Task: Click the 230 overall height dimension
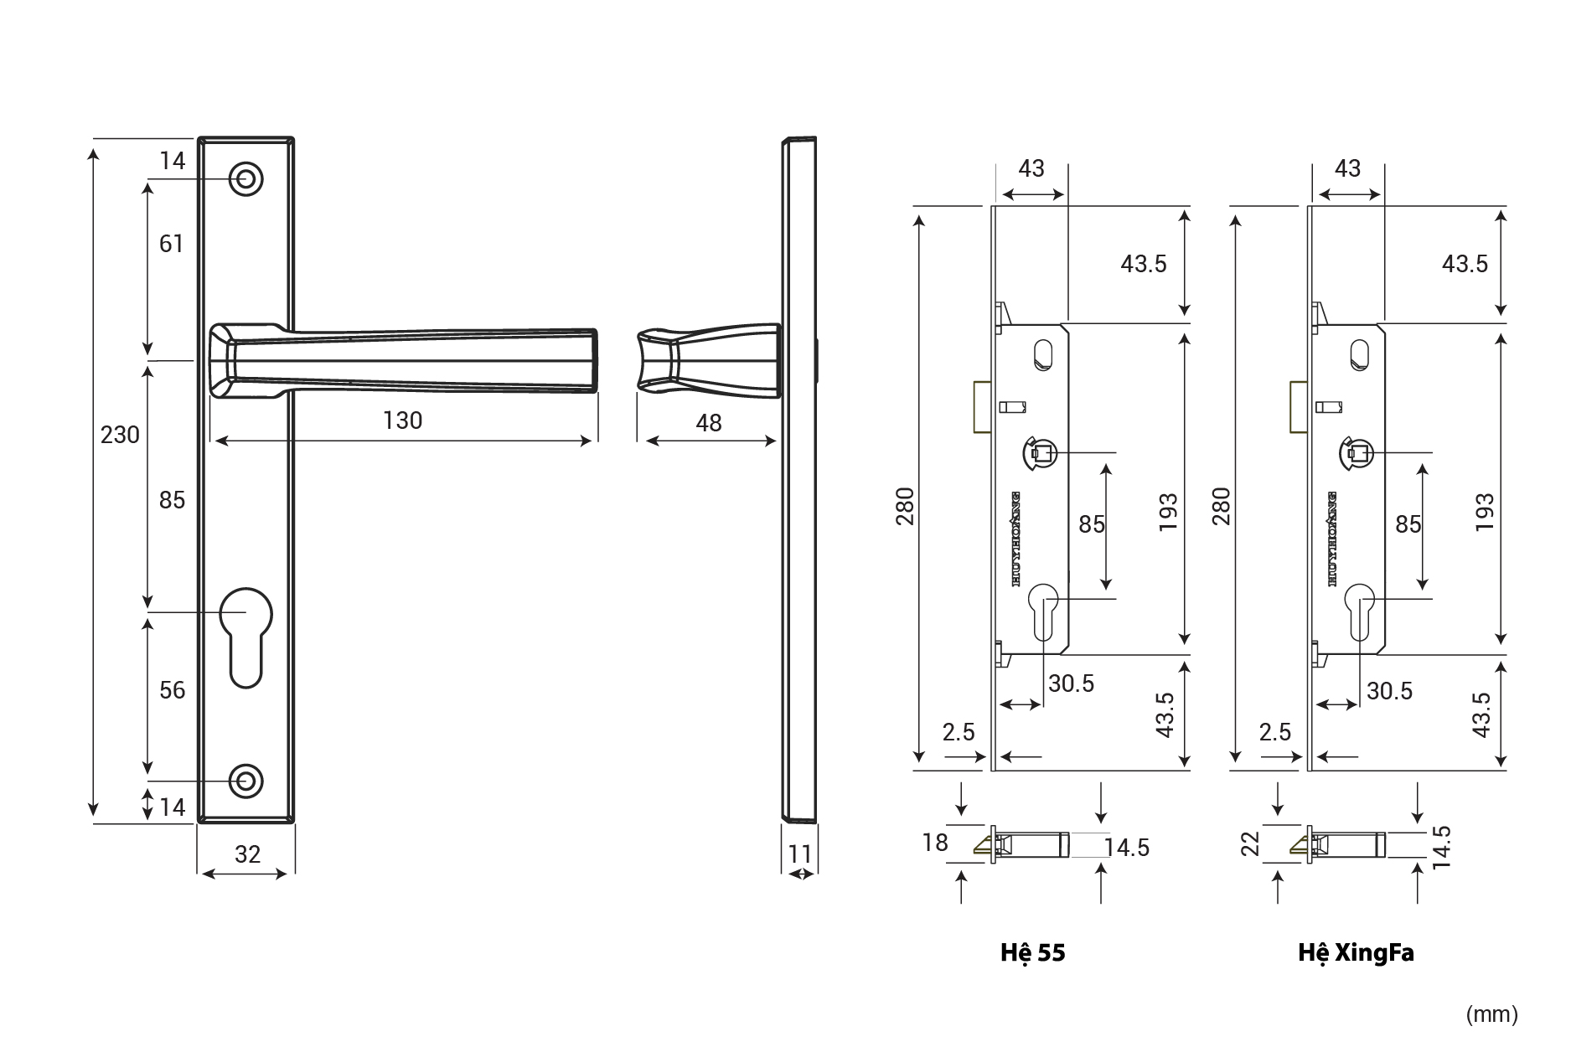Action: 120,435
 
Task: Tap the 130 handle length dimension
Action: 402,420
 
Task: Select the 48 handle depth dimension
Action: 708,423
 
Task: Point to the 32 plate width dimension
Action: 247,854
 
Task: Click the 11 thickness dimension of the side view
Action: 800,854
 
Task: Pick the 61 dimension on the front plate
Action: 171,244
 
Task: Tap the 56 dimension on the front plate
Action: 172,690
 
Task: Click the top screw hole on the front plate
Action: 246,179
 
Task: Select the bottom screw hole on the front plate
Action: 245,781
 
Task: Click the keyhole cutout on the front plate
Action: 245,637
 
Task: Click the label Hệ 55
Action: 1032,953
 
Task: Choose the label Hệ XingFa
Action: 1356,953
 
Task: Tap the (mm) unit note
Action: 1491,1014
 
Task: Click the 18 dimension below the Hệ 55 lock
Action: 935,842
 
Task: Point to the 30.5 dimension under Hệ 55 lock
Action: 1071,684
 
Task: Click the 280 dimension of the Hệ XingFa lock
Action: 1221,505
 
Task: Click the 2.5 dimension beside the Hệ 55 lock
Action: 958,732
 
